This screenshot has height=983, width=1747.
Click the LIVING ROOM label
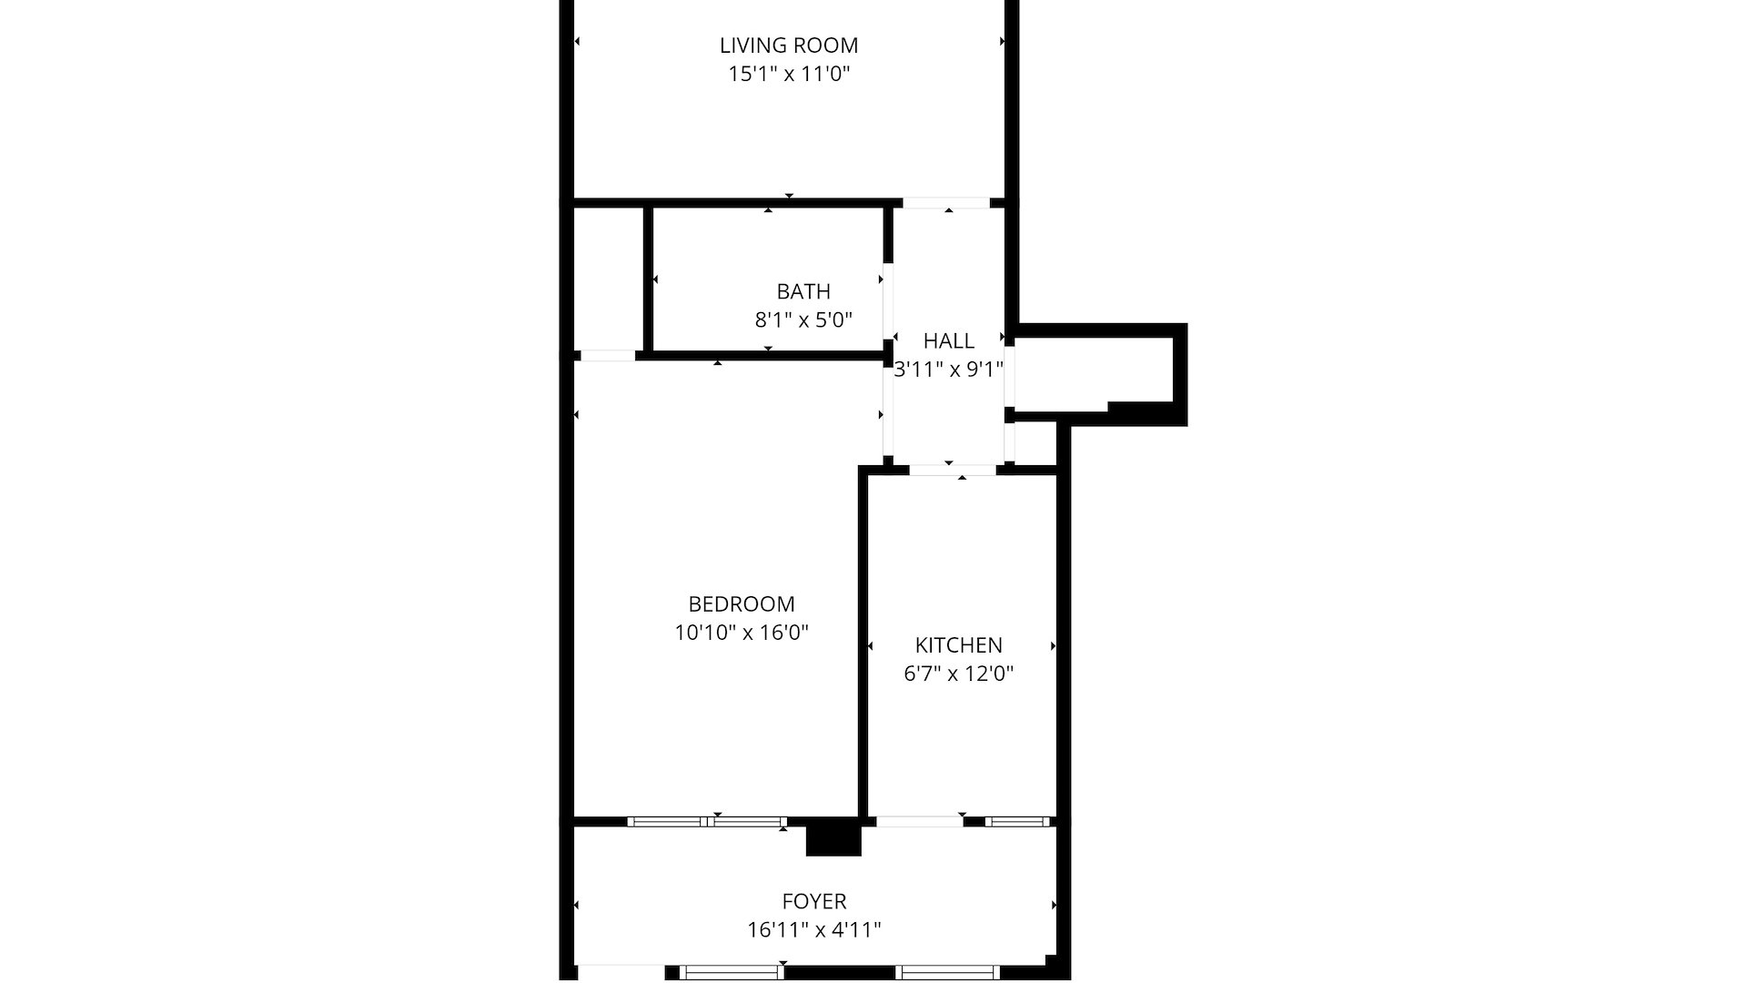click(788, 46)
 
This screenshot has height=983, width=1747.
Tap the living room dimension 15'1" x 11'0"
click(788, 75)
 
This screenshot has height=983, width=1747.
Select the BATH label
click(803, 292)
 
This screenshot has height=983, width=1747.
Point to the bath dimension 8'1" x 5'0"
click(803, 320)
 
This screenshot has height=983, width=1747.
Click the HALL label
click(948, 341)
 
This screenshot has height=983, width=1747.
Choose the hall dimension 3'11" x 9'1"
click(948, 370)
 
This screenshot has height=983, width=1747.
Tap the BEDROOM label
click(741, 604)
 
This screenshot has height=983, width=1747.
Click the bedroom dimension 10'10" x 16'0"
click(741, 633)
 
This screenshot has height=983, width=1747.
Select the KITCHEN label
click(958, 645)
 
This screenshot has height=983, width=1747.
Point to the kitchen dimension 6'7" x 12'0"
click(958, 674)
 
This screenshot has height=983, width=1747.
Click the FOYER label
click(813, 902)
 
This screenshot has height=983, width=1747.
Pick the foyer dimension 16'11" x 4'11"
click(813, 930)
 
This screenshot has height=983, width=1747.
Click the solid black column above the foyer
click(833, 838)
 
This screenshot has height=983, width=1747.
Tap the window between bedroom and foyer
click(707, 822)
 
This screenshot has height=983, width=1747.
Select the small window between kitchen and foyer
click(1017, 822)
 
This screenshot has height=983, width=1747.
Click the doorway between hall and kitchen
click(952, 470)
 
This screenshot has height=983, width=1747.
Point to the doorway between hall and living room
click(945, 203)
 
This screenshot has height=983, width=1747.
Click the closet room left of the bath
click(609, 278)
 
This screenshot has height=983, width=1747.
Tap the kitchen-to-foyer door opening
click(919, 822)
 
